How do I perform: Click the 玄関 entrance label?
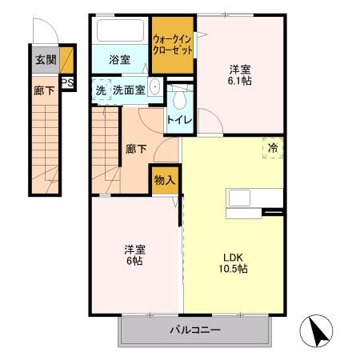click(44, 60)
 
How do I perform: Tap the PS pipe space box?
click(68, 82)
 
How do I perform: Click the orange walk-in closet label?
click(173, 44)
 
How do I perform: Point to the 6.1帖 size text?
click(241, 81)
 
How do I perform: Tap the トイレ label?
click(178, 120)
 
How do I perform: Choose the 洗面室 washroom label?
click(129, 90)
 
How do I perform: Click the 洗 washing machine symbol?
click(101, 90)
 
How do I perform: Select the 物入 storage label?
click(164, 181)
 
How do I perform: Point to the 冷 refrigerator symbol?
click(273, 147)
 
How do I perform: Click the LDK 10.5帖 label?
click(234, 262)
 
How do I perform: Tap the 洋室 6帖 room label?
click(133, 254)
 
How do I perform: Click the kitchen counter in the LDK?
click(254, 198)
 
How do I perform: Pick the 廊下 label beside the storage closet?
click(136, 148)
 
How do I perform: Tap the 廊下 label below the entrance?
click(44, 90)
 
